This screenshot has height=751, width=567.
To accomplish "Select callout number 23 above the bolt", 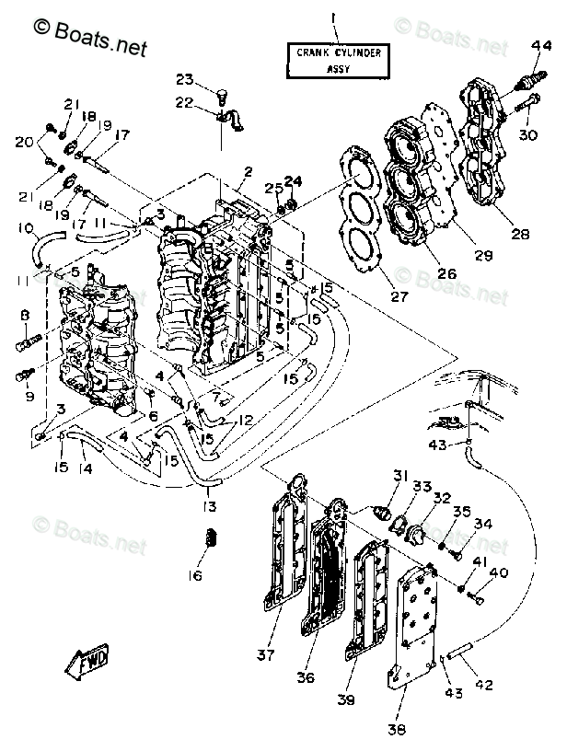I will (x=185, y=79).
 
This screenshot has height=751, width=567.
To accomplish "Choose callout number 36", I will (x=306, y=678).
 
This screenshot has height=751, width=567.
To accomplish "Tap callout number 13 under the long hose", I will (x=213, y=507).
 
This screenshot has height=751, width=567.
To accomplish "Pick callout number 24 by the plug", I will (x=292, y=181).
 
